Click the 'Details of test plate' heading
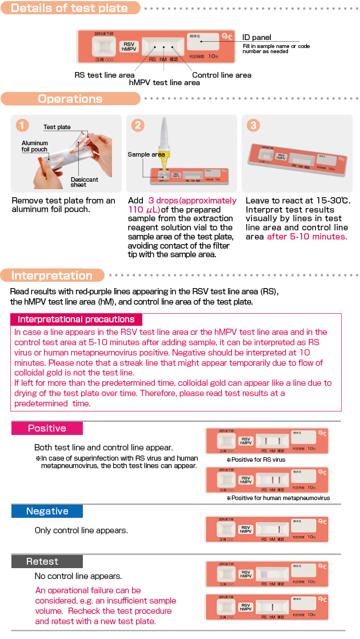point(69,8)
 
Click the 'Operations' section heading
point(70,99)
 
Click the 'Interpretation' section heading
point(52,275)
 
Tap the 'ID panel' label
point(257,37)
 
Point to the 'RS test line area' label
point(105,75)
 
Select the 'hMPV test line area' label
point(165,83)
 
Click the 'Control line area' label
point(221,75)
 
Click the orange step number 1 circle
point(22,125)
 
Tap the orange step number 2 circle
point(137,125)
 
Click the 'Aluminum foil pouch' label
point(34,146)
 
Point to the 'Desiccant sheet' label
point(84,182)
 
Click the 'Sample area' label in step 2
point(146,154)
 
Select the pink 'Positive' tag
point(47,428)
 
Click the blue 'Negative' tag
point(47,511)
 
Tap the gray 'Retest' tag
point(42,561)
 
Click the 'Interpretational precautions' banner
point(76,319)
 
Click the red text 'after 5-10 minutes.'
point(306,237)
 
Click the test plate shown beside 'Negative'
point(267,529)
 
